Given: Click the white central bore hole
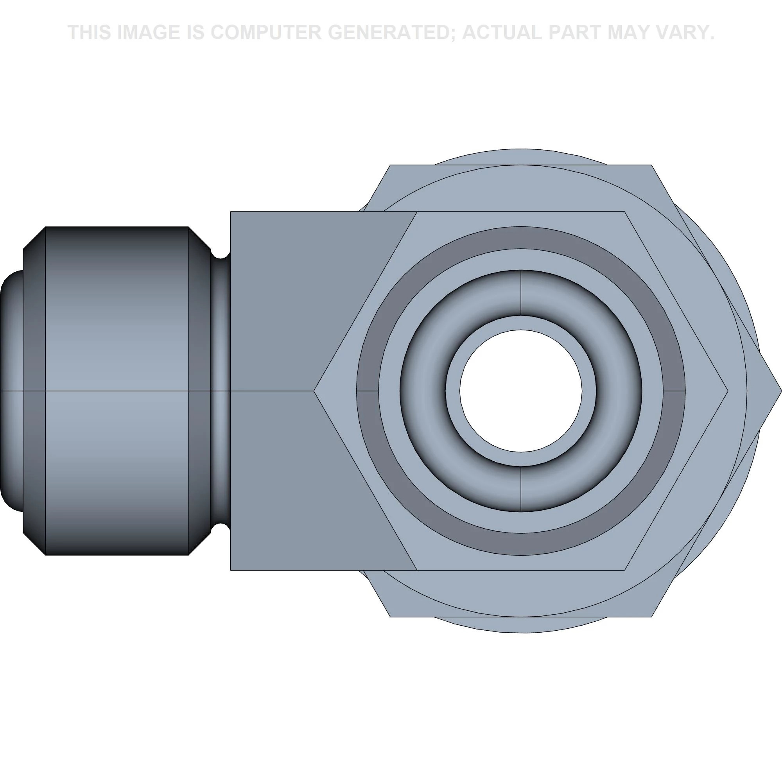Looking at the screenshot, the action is click(521, 391).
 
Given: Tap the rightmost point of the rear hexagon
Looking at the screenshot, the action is click(781, 391).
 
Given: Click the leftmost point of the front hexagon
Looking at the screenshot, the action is click(314, 391).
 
